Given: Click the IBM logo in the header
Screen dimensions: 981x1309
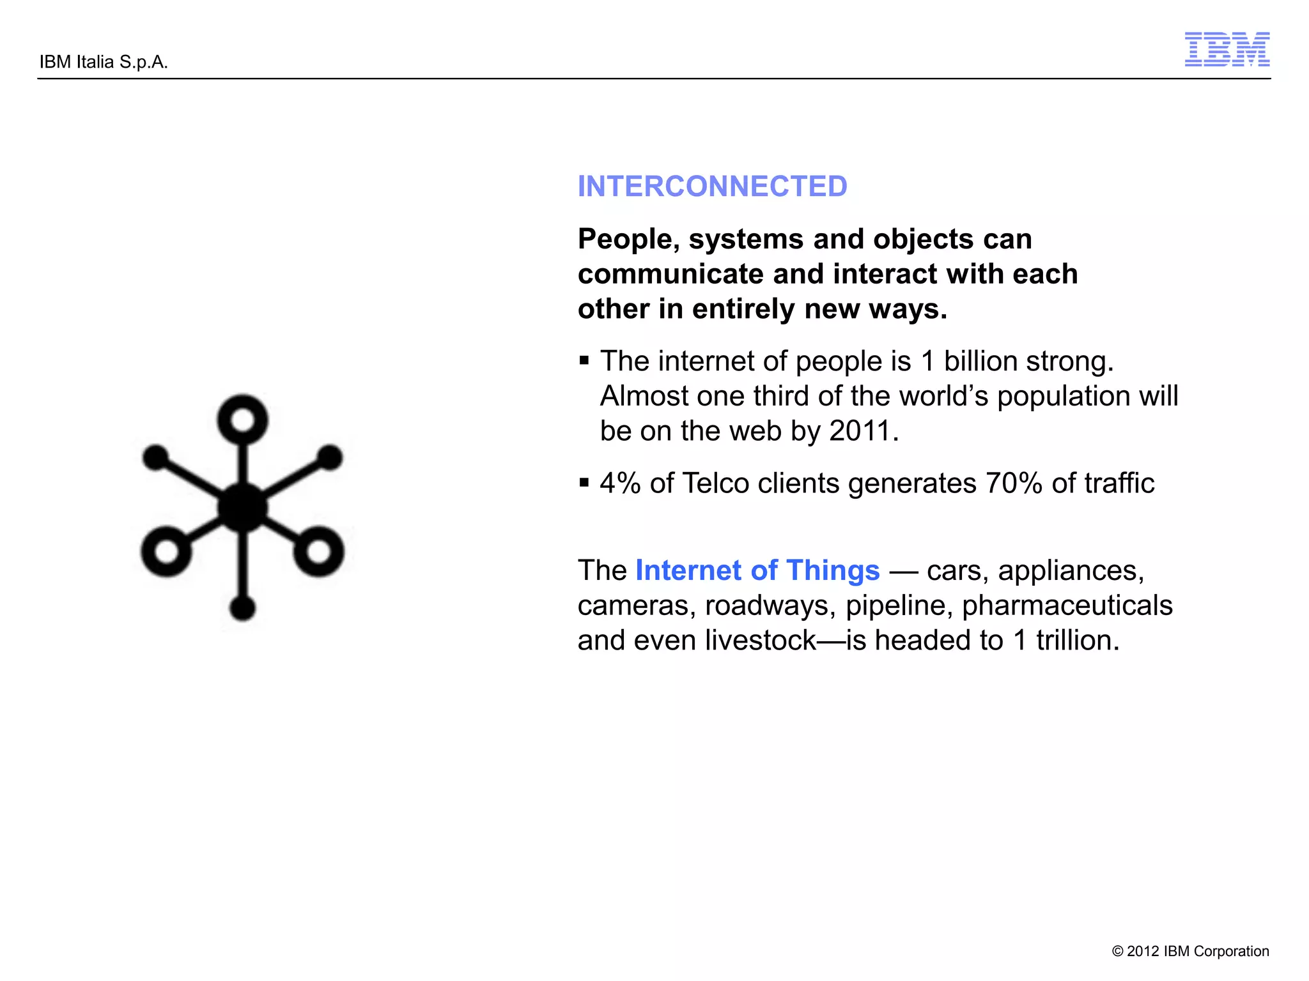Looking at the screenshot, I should tap(1227, 49).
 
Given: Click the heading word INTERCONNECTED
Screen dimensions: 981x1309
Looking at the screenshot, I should tap(712, 186).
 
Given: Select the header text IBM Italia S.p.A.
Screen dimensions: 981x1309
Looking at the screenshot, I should tap(104, 62).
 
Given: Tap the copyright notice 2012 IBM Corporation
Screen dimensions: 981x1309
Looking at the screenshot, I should tap(1190, 951).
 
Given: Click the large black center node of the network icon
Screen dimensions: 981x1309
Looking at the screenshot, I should tap(242, 508).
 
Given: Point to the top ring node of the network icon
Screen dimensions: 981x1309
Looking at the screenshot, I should tap(242, 420).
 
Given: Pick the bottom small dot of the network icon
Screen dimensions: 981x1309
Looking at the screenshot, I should tap(242, 607).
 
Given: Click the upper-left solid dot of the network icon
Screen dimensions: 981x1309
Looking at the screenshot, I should tap(155, 457).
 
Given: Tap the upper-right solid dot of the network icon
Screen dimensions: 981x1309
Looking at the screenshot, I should tap(330, 457).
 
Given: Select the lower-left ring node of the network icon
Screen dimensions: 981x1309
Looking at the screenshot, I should tap(166, 551).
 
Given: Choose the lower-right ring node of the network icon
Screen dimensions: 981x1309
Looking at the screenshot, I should tap(318, 551).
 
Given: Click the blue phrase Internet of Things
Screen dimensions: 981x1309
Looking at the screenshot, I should tap(757, 570).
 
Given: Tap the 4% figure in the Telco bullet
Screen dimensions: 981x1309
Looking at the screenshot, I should tap(620, 483).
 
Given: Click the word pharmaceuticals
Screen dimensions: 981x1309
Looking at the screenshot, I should tap(1067, 605).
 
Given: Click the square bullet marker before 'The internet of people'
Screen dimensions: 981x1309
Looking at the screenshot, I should tap(584, 361).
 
